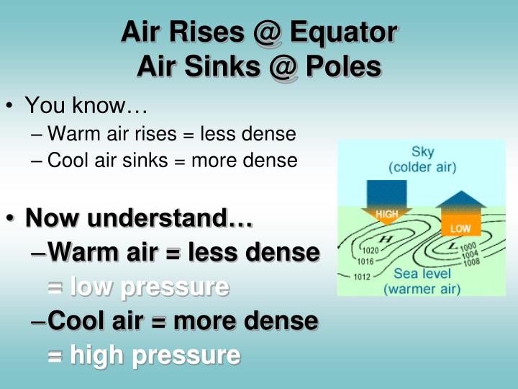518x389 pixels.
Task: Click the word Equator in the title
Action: click(342, 32)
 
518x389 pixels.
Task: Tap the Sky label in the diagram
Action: click(422, 152)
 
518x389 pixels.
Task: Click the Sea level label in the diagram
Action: click(422, 274)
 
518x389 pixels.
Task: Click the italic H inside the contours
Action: click(386, 238)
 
